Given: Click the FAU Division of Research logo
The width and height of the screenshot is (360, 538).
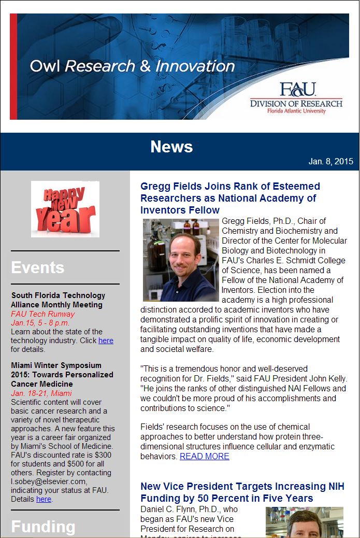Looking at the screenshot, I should pos(296,98).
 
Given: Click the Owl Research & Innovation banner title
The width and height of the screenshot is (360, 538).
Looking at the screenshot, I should pos(132,66).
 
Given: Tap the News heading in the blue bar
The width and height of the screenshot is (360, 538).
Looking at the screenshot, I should pos(171,147).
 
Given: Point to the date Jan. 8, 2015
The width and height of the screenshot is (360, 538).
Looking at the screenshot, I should pos(330,162).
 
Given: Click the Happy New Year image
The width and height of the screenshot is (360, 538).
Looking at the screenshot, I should pos(65,209).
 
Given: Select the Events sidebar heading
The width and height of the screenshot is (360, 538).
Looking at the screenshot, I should pos(38,267).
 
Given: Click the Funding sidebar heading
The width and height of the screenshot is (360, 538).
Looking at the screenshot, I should pos(43,527).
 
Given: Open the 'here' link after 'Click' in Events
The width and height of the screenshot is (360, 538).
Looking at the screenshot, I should pos(106,341).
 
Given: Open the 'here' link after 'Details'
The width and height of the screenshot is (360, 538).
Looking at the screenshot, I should pos(44,499).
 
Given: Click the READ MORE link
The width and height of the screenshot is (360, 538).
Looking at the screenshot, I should pos(204,456).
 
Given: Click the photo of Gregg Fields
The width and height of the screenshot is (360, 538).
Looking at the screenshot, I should pos(181,260).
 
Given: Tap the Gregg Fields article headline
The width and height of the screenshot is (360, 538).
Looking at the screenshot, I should pos(230,198).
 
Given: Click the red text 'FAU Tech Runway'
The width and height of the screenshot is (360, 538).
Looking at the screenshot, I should pos(43,314).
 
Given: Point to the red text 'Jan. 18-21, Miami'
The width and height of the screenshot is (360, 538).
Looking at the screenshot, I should pos(41,393).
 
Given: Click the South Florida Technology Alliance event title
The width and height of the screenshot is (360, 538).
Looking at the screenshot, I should pos(58,300).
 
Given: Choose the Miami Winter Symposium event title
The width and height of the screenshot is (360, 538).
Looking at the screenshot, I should pos(62,374).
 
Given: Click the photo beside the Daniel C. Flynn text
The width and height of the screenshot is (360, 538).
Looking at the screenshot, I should pos(304,522).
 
